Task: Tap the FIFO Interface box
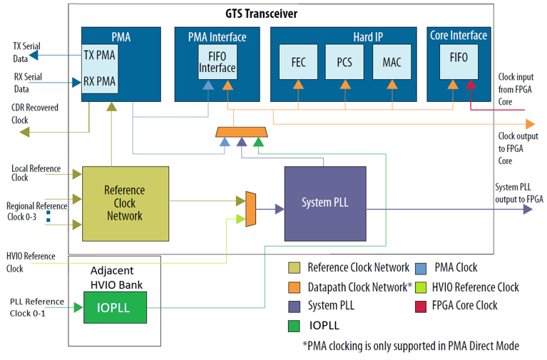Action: pos(217,62)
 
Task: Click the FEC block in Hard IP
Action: pos(299,62)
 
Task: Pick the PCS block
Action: pos(344,62)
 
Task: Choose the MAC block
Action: pos(392,62)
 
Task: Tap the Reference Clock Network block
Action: pos(125,203)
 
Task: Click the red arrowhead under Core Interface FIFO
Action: pos(470,86)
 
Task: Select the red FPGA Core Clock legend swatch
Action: pos(421,305)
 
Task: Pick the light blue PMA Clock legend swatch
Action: pos(421,267)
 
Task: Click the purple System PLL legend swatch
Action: pos(294,305)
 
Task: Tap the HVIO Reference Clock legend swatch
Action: pos(421,287)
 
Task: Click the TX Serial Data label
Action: pos(26,53)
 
